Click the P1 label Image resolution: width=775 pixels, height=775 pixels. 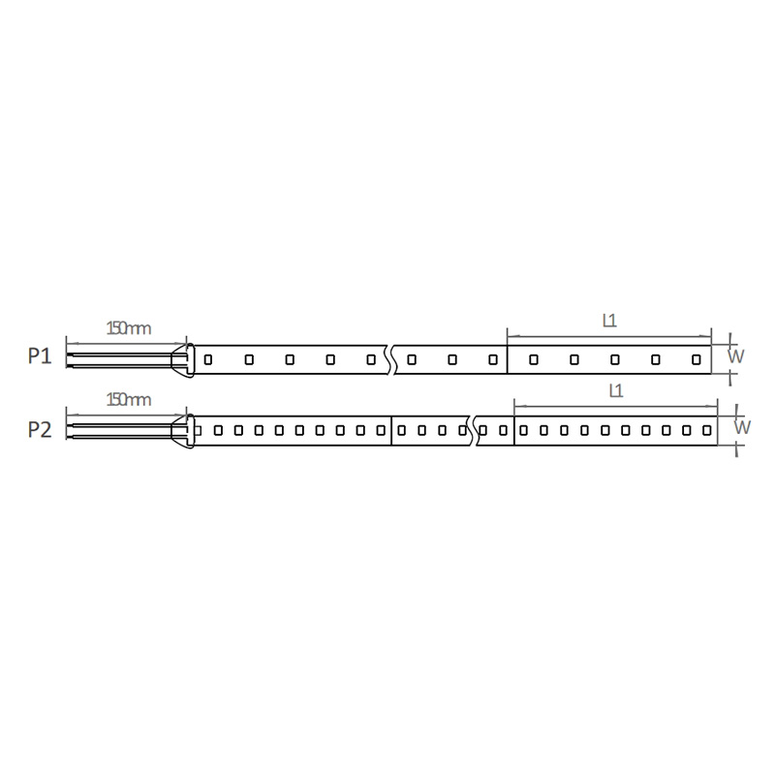40,356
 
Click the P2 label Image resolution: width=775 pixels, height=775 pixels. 40,429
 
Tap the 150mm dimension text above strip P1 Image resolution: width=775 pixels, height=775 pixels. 129,328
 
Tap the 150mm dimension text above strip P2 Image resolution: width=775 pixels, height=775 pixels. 129,399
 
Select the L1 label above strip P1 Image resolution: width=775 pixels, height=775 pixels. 609,322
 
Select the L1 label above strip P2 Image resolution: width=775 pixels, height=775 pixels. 616,391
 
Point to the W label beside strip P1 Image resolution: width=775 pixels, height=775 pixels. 736,356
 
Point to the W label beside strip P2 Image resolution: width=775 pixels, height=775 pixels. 742,427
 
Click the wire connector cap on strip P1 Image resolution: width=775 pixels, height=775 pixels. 183,360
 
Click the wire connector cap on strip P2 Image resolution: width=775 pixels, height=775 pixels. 183,431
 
